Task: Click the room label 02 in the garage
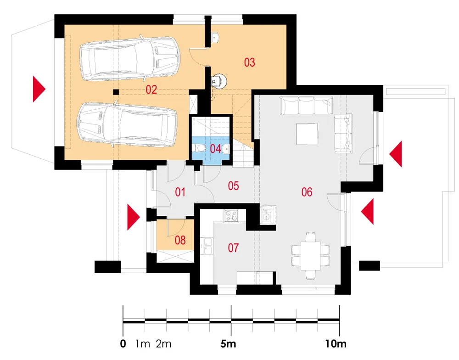[x=151, y=90]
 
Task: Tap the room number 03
[x=249, y=62]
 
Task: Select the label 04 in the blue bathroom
[x=215, y=149]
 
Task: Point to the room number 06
[x=307, y=192]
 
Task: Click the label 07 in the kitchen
[x=233, y=248]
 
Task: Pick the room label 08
[x=180, y=241]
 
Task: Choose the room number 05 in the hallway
[x=233, y=186]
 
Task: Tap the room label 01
[x=180, y=192]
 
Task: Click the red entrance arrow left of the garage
[x=39, y=89]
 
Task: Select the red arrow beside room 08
[x=134, y=217]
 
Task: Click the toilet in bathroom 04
[x=199, y=148]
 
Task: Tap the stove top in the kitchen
[x=231, y=216]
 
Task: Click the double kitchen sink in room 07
[x=207, y=246]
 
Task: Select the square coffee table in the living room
[x=307, y=134]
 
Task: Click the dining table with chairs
[x=311, y=256]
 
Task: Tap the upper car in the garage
[x=130, y=58]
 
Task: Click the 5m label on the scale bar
[x=228, y=343]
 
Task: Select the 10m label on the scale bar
[x=336, y=343]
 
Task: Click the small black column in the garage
[x=116, y=92]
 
